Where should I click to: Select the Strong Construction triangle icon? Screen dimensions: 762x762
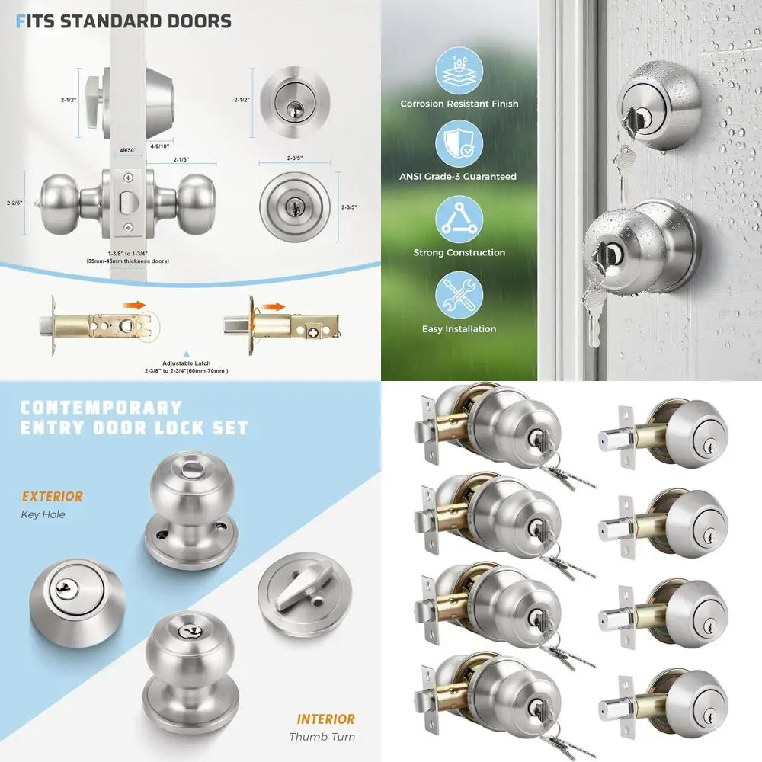[459, 219]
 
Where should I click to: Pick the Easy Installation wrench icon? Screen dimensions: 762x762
[459, 296]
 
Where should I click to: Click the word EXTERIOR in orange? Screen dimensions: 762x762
[52, 497]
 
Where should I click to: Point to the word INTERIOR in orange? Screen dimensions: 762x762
[325, 719]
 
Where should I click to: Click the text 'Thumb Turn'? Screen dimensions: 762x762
[322, 737]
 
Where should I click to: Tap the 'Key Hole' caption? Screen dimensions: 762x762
[43, 515]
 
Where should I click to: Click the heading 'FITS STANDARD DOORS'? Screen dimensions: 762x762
[123, 21]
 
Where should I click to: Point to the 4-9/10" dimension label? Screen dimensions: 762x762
[160, 146]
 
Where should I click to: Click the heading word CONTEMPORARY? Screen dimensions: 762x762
[101, 408]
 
